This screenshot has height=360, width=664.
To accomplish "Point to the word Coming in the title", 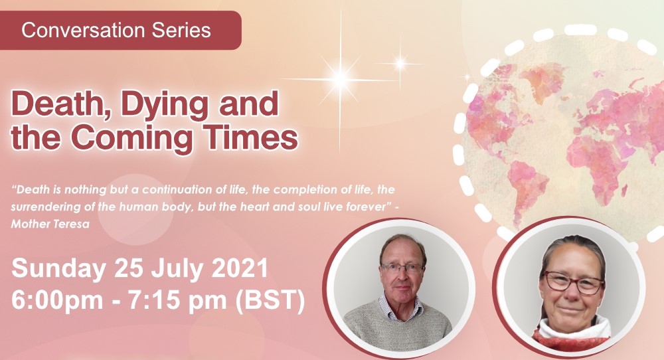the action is (x=131, y=139).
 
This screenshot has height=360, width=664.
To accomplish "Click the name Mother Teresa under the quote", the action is (x=50, y=224).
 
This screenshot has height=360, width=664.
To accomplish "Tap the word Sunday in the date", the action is (x=58, y=269).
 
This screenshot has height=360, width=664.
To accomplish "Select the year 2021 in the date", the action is (x=240, y=268).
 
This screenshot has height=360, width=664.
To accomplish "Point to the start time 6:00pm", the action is (x=57, y=300).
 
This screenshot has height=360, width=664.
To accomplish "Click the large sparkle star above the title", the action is (x=340, y=79).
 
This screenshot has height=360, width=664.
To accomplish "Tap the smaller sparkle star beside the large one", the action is (x=400, y=64).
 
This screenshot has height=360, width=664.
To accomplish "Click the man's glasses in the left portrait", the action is (x=402, y=268).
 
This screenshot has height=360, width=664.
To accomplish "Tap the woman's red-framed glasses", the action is (x=573, y=283).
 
